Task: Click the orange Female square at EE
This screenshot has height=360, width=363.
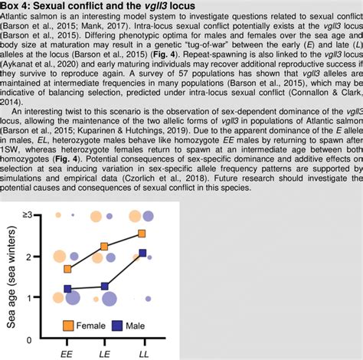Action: click(68, 269)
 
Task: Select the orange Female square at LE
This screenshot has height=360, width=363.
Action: click(106, 247)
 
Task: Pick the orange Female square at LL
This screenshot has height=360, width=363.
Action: click(142, 233)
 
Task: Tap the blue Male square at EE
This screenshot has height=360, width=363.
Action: click(68, 289)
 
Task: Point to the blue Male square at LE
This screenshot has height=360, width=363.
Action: click(106, 286)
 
